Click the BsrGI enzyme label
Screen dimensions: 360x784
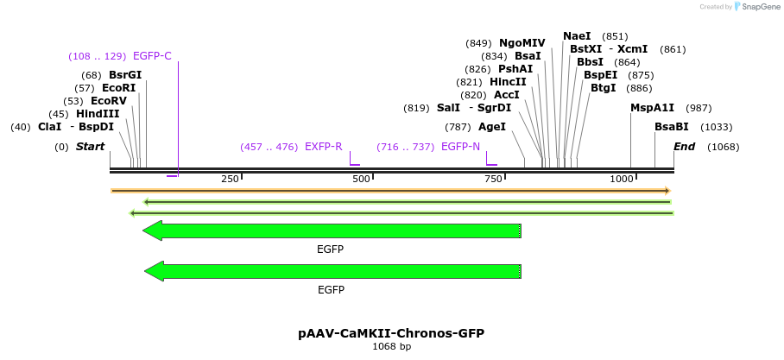[x=124, y=75]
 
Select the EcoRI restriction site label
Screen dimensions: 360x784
[x=118, y=88]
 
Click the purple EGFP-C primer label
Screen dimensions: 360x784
[x=152, y=56]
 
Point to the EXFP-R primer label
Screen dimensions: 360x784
[x=323, y=147]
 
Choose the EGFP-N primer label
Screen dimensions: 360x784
[x=460, y=147]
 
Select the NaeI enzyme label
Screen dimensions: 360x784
[x=577, y=36]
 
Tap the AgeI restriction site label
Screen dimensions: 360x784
[x=491, y=127]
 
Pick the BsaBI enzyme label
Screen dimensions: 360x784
[x=671, y=127]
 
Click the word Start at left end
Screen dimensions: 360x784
[x=90, y=147]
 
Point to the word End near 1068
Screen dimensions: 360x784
[x=684, y=147]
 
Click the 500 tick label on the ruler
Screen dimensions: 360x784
[x=361, y=179]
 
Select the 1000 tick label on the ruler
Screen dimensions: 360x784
[x=622, y=179]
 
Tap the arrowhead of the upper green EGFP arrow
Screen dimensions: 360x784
[x=153, y=231]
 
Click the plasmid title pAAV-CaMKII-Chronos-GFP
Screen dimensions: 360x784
[x=391, y=333]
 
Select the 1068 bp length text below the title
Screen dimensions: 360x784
[x=391, y=347]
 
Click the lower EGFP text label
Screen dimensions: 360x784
[x=331, y=290]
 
